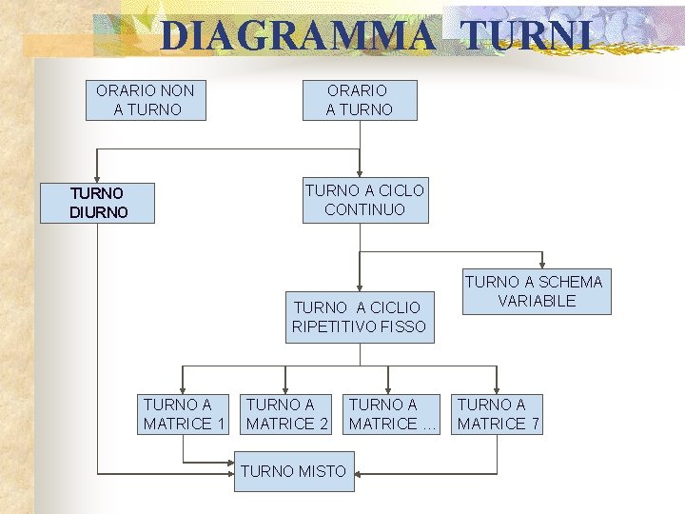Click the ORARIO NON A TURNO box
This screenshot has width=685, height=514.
(x=146, y=100)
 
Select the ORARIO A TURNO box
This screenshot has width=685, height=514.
(x=359, y=100)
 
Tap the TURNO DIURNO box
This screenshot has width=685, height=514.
(x=97, y=203)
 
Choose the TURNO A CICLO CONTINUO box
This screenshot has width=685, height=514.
(x=364, y=200)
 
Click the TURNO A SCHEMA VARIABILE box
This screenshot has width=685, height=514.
(x=533, y=291)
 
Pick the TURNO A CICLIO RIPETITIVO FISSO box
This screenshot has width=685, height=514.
(x=359, y=317)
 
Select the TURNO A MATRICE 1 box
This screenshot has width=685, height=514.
(x=184, y=414)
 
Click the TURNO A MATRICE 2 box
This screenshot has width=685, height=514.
(x=287, y=414)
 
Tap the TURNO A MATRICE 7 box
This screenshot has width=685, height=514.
(x=498, y=414)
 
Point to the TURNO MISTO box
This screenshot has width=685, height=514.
(x=294, y=471)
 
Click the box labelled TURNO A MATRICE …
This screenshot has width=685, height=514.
(x=391, y=414)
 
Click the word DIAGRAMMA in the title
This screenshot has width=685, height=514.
(x=297, y=36)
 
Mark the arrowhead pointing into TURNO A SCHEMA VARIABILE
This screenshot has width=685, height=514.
(x=542, y=265)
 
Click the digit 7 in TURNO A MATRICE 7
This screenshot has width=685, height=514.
(x=535, y=424)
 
